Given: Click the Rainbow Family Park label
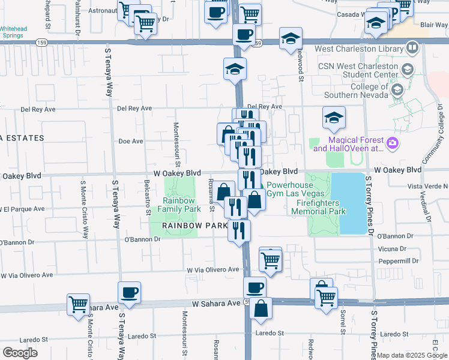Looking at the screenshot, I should [x=179, y=205].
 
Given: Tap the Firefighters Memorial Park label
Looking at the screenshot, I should [x=321, y=207].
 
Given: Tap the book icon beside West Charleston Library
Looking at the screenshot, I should [x=412, y=46].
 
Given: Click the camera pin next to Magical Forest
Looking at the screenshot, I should [x=393, y=143].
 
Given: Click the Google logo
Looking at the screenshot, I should [x=20, y=352].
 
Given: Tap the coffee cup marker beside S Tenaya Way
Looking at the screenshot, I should [x=130, y=293].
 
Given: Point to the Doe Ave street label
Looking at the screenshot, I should [x=131, y=142].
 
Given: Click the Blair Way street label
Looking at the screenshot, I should [x=435, y=25].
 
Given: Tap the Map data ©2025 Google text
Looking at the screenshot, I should [x=412, y=355].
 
